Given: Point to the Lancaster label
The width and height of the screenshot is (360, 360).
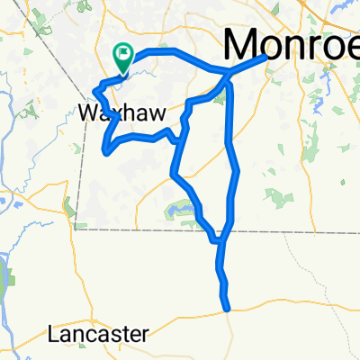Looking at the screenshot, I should click(98, 334).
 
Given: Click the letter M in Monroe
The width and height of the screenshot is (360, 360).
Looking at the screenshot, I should click(243, 42).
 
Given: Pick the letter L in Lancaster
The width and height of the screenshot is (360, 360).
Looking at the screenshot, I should click(53, 334).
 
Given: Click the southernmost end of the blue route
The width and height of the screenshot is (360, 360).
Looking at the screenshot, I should click(229, 309).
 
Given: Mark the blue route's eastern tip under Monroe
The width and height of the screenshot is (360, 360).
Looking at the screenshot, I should click(265, 57).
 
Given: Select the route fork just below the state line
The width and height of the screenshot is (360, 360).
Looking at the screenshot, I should click(219, 240).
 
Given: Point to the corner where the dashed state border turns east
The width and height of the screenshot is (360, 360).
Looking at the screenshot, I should click(77, 229).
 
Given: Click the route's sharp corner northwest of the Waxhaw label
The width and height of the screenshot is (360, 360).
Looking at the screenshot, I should click(94, 90).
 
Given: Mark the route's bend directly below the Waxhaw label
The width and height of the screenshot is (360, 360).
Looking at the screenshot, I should click(106, 150).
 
